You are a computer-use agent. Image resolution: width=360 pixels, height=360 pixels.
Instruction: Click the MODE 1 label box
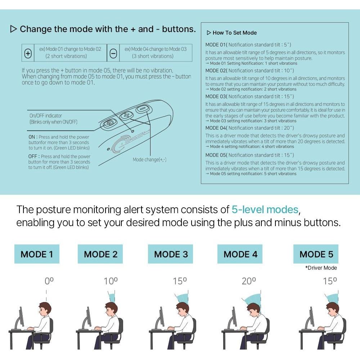37,254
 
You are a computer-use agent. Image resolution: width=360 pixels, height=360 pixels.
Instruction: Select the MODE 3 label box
170,254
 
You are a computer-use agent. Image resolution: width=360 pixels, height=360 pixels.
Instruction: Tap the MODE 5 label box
316,254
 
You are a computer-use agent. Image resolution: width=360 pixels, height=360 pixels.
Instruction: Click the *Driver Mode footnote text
321,268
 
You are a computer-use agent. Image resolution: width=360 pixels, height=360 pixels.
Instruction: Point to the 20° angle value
249,281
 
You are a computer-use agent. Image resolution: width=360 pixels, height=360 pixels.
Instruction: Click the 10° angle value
111,281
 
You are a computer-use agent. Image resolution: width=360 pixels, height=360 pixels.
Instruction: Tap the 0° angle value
49,281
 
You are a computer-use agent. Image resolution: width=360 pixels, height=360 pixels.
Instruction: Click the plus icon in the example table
28,53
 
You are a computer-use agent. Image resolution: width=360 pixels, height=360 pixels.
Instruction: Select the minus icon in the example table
113,53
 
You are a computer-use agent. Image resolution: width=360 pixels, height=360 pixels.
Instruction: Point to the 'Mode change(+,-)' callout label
149,159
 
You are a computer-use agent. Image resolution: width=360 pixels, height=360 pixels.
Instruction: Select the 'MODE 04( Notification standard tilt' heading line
249,128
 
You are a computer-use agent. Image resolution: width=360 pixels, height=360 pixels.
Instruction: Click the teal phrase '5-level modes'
265,210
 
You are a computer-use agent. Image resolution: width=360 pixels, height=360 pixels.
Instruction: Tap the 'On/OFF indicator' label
46,116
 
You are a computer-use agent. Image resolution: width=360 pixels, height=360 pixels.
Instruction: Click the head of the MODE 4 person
253,310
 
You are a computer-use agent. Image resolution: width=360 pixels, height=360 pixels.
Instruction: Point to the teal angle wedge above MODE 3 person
182,298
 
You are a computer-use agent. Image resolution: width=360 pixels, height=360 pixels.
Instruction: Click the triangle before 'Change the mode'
14,29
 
